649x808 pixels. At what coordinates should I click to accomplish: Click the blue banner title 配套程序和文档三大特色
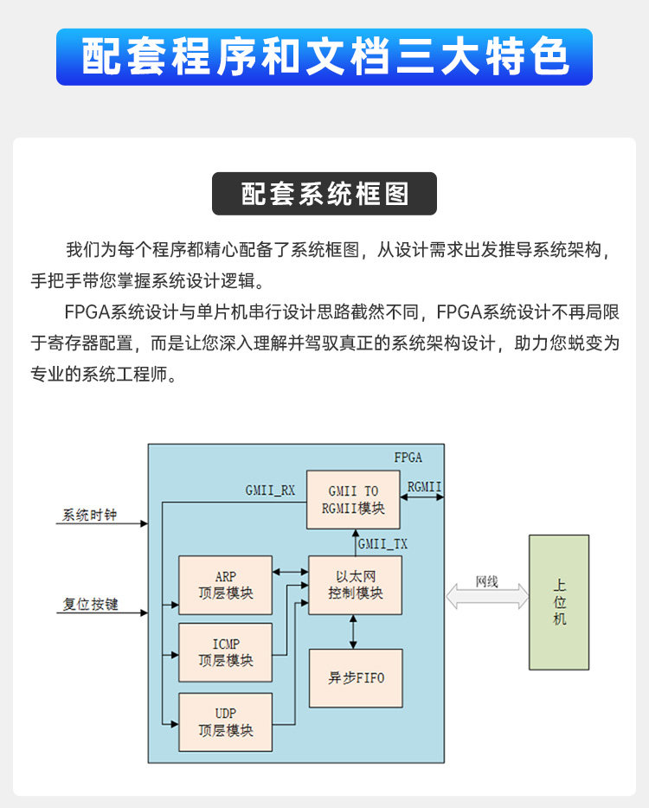[324, 57]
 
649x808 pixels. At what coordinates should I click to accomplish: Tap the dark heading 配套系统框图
[324, 194]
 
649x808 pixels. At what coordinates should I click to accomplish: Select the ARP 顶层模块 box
[225, 586]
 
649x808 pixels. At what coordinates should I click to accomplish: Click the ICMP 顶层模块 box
[225, 652]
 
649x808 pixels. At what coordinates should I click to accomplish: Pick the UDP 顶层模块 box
[225, 721]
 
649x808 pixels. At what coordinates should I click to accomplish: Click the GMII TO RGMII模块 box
[353, 499]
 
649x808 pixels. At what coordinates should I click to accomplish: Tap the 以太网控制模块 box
[355, 585]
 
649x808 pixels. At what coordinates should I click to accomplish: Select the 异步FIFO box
[355, 678]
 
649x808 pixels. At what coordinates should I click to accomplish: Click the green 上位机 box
[559, 602]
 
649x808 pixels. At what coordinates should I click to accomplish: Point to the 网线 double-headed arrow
[487, 596]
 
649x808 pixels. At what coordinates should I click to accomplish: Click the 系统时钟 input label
[89, 516]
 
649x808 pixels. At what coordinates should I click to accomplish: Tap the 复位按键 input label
[90, 604]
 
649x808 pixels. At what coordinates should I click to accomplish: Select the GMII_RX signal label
[270, 491]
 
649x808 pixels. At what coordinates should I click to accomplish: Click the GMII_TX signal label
[382, 544]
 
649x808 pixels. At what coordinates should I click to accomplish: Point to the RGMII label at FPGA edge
[424, 487]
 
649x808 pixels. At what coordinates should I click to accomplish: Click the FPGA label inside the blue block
[408, 457]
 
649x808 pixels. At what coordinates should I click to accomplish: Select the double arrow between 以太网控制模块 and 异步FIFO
[353, 632]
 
